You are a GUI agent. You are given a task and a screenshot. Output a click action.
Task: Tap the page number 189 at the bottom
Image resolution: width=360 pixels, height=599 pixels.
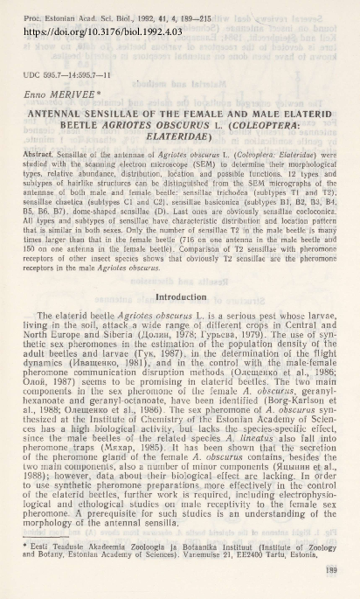point(332,571)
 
